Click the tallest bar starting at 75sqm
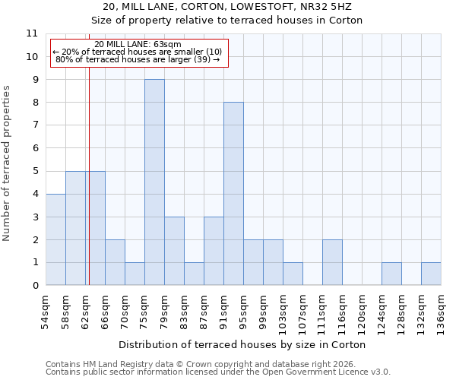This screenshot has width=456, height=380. (x=154, y=182)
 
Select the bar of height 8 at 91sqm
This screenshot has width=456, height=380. (x=233, y=194)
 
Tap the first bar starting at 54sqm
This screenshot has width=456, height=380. (x=55, y=239)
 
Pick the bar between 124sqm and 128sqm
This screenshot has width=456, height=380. (x=391, y=274)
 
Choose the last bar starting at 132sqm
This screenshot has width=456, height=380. (x=431, y=274)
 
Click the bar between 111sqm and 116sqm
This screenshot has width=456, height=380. (x=332, y=262)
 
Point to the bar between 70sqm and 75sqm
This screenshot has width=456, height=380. (x=135, y=274)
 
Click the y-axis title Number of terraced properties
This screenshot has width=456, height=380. (x=7, y=163)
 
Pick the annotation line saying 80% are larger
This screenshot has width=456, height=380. (x=138, y=59)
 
